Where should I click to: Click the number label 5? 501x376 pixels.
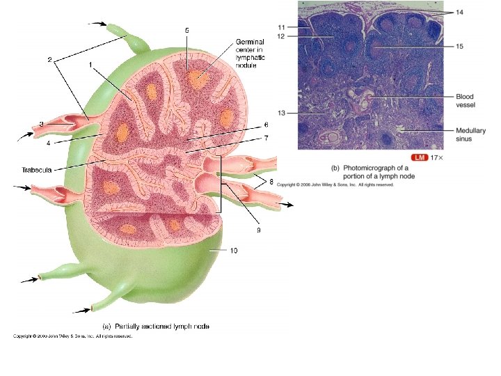point(186,30)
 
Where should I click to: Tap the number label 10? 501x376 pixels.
point(234,251)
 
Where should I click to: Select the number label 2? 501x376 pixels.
point(50,60)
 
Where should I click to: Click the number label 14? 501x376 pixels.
point(459,13)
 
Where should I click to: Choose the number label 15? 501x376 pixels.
point(459,46)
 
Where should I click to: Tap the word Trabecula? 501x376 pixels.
point(38,169)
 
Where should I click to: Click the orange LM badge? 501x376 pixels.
point(419,158)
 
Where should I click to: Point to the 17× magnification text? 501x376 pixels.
point(436,158)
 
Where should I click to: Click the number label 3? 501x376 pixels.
point(42,124)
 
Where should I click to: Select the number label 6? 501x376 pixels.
point(266,125)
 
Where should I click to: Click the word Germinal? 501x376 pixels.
point(250,42)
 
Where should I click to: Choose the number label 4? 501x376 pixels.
point(49,143)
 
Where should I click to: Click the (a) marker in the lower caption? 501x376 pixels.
point(108,326)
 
